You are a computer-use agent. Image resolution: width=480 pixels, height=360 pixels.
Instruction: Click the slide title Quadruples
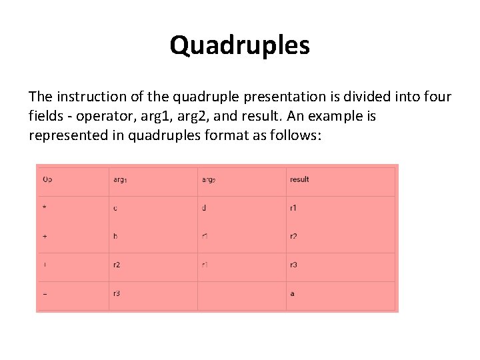239,45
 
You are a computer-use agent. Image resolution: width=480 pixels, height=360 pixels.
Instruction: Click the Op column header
47,179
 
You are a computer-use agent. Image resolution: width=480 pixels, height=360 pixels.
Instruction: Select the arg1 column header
120,179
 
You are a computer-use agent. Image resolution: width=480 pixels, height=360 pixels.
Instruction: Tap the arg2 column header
209,179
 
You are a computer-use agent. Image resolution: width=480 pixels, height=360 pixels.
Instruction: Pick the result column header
299,179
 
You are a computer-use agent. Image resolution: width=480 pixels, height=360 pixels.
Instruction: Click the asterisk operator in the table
45,208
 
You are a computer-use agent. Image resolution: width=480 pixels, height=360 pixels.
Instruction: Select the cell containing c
115,208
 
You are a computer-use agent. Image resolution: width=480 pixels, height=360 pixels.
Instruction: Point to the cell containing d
204,208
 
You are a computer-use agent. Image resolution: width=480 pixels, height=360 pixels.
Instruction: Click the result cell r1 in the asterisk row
293,208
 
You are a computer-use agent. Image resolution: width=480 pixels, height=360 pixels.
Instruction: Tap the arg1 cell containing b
115,237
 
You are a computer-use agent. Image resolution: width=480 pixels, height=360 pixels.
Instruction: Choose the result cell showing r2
293,237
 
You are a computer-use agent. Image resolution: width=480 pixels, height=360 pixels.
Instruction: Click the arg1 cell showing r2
117,265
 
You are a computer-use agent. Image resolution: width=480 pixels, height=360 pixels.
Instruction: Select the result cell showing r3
293,265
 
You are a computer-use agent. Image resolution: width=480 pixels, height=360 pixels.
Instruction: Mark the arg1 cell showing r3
117,293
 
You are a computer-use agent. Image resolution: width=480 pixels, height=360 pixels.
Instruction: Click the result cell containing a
292,293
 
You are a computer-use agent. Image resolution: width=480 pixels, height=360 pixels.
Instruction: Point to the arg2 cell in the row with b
205,237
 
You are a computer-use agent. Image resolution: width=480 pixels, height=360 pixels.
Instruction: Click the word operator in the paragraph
103,117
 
